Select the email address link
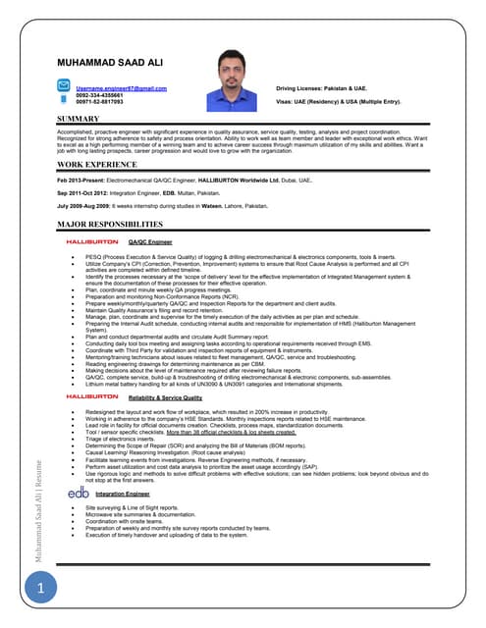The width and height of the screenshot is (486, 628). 121,87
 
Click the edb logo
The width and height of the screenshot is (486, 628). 79,493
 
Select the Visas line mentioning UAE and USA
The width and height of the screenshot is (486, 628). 339,101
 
